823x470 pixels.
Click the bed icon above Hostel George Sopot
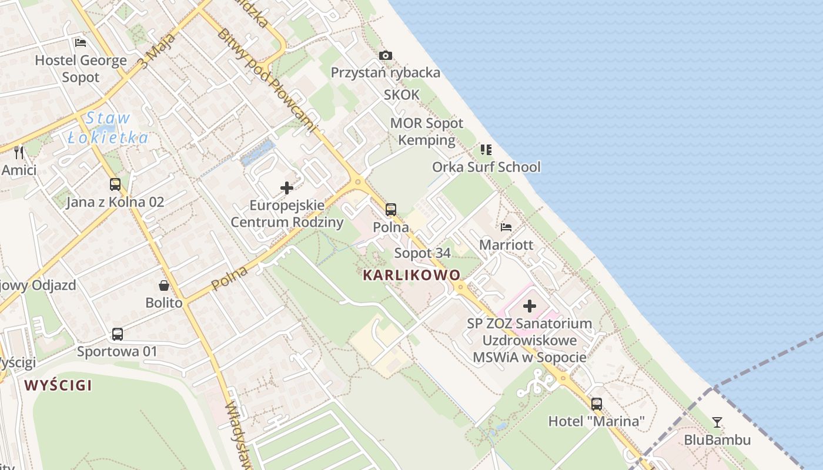point(81,42)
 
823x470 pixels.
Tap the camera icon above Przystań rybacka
point(386,55)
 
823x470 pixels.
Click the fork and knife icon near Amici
point(19,152)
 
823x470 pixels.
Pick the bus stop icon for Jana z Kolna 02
point(115,184)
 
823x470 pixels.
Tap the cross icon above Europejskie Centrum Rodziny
point(287,188)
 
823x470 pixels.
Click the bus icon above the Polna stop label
point(391,209)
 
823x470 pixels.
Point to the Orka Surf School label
point(486,167)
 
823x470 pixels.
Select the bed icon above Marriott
point(506,227)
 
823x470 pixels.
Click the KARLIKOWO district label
point(411,275)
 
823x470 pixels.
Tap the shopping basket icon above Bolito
point(164,286)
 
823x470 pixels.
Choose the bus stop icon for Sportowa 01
point(118,334)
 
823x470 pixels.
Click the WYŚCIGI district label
point(58,385)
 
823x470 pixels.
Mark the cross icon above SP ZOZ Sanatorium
point(530,306)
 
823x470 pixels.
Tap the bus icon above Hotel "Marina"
point(597,404)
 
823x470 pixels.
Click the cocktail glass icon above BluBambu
point(717,422)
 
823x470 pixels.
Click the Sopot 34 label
point(423,253)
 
